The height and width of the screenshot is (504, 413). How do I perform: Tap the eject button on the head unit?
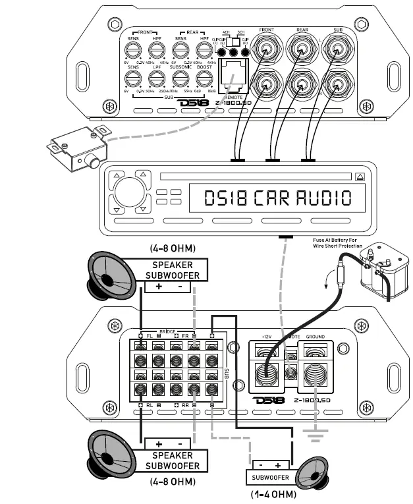pos(360,177)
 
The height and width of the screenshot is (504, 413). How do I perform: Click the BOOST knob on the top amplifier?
pos(204,78)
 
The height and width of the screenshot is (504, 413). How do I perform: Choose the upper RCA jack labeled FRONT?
pos(266,49)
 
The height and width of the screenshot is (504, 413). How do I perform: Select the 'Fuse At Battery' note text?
pos(337,242)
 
